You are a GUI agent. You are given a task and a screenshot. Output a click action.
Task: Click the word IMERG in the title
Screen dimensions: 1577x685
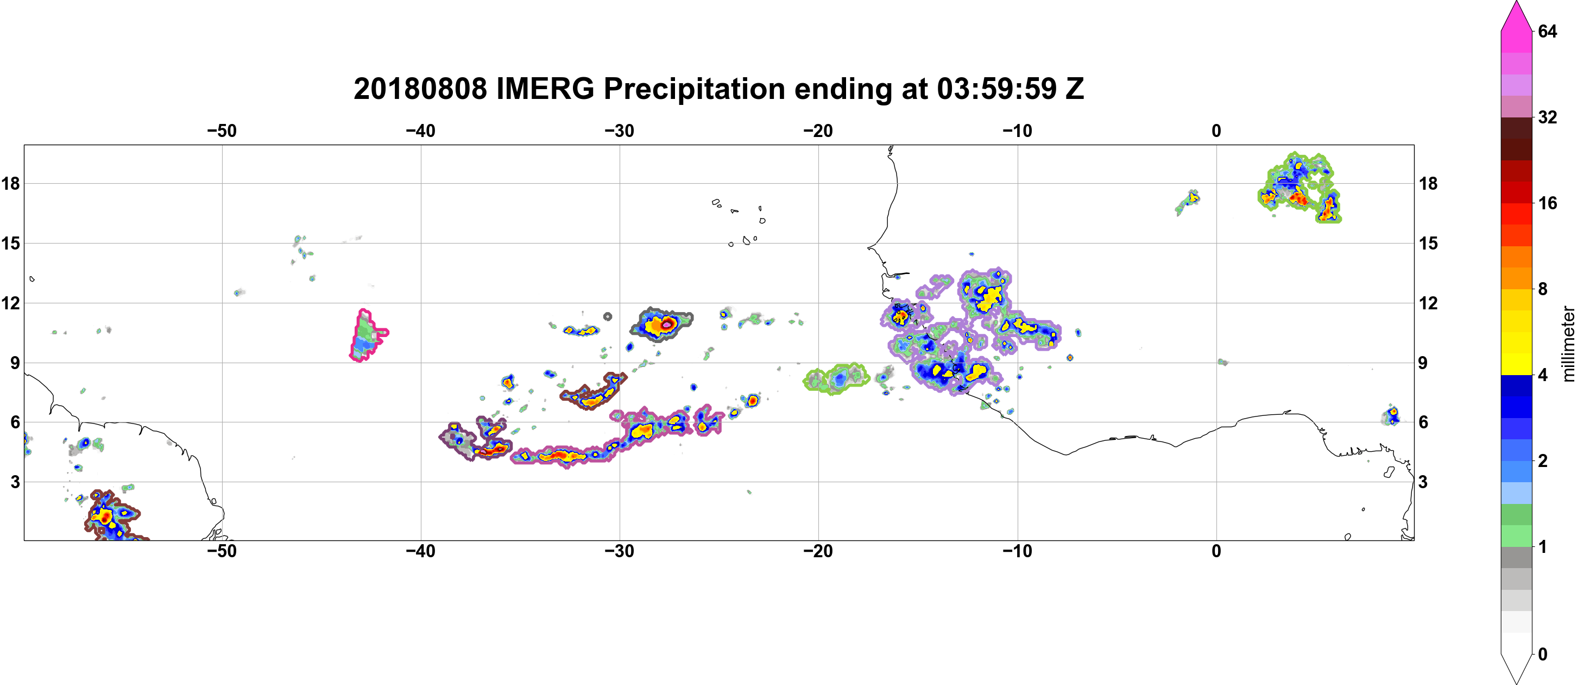point(545,89)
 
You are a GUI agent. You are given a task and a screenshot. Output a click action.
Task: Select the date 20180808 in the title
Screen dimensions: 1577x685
point(420,89)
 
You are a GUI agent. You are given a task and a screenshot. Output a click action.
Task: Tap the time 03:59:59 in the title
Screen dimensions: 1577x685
point(996,89)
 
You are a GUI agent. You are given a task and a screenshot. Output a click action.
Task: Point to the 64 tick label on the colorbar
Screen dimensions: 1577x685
point(1547,31)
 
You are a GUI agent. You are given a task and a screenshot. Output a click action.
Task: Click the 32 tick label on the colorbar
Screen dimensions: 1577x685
point(1547,117)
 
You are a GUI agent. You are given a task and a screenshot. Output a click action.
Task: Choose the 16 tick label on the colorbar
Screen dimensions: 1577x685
point(1547,203)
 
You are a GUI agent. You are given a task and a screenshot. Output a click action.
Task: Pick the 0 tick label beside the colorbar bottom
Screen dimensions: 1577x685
point(1542,655)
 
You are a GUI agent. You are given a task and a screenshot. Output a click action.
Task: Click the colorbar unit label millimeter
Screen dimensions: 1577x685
point(1568,344)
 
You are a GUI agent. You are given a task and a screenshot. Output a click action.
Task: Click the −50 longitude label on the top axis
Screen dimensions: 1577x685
point(222,131)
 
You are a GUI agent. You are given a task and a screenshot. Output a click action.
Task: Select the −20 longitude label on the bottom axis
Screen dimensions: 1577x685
point(818,551)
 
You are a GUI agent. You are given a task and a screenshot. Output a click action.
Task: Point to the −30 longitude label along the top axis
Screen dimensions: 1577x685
point(620,131)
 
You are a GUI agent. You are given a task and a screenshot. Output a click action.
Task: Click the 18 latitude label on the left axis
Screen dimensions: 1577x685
point(10,183)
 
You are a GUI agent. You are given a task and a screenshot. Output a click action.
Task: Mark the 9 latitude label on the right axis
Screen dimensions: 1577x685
point(1423,363)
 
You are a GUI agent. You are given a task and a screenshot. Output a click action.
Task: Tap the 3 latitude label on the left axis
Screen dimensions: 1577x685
point(15,482)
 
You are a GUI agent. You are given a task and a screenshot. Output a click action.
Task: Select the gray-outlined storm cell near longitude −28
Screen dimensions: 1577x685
point(661,324)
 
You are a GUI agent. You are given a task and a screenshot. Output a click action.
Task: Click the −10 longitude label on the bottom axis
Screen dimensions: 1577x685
point(1018,551)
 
